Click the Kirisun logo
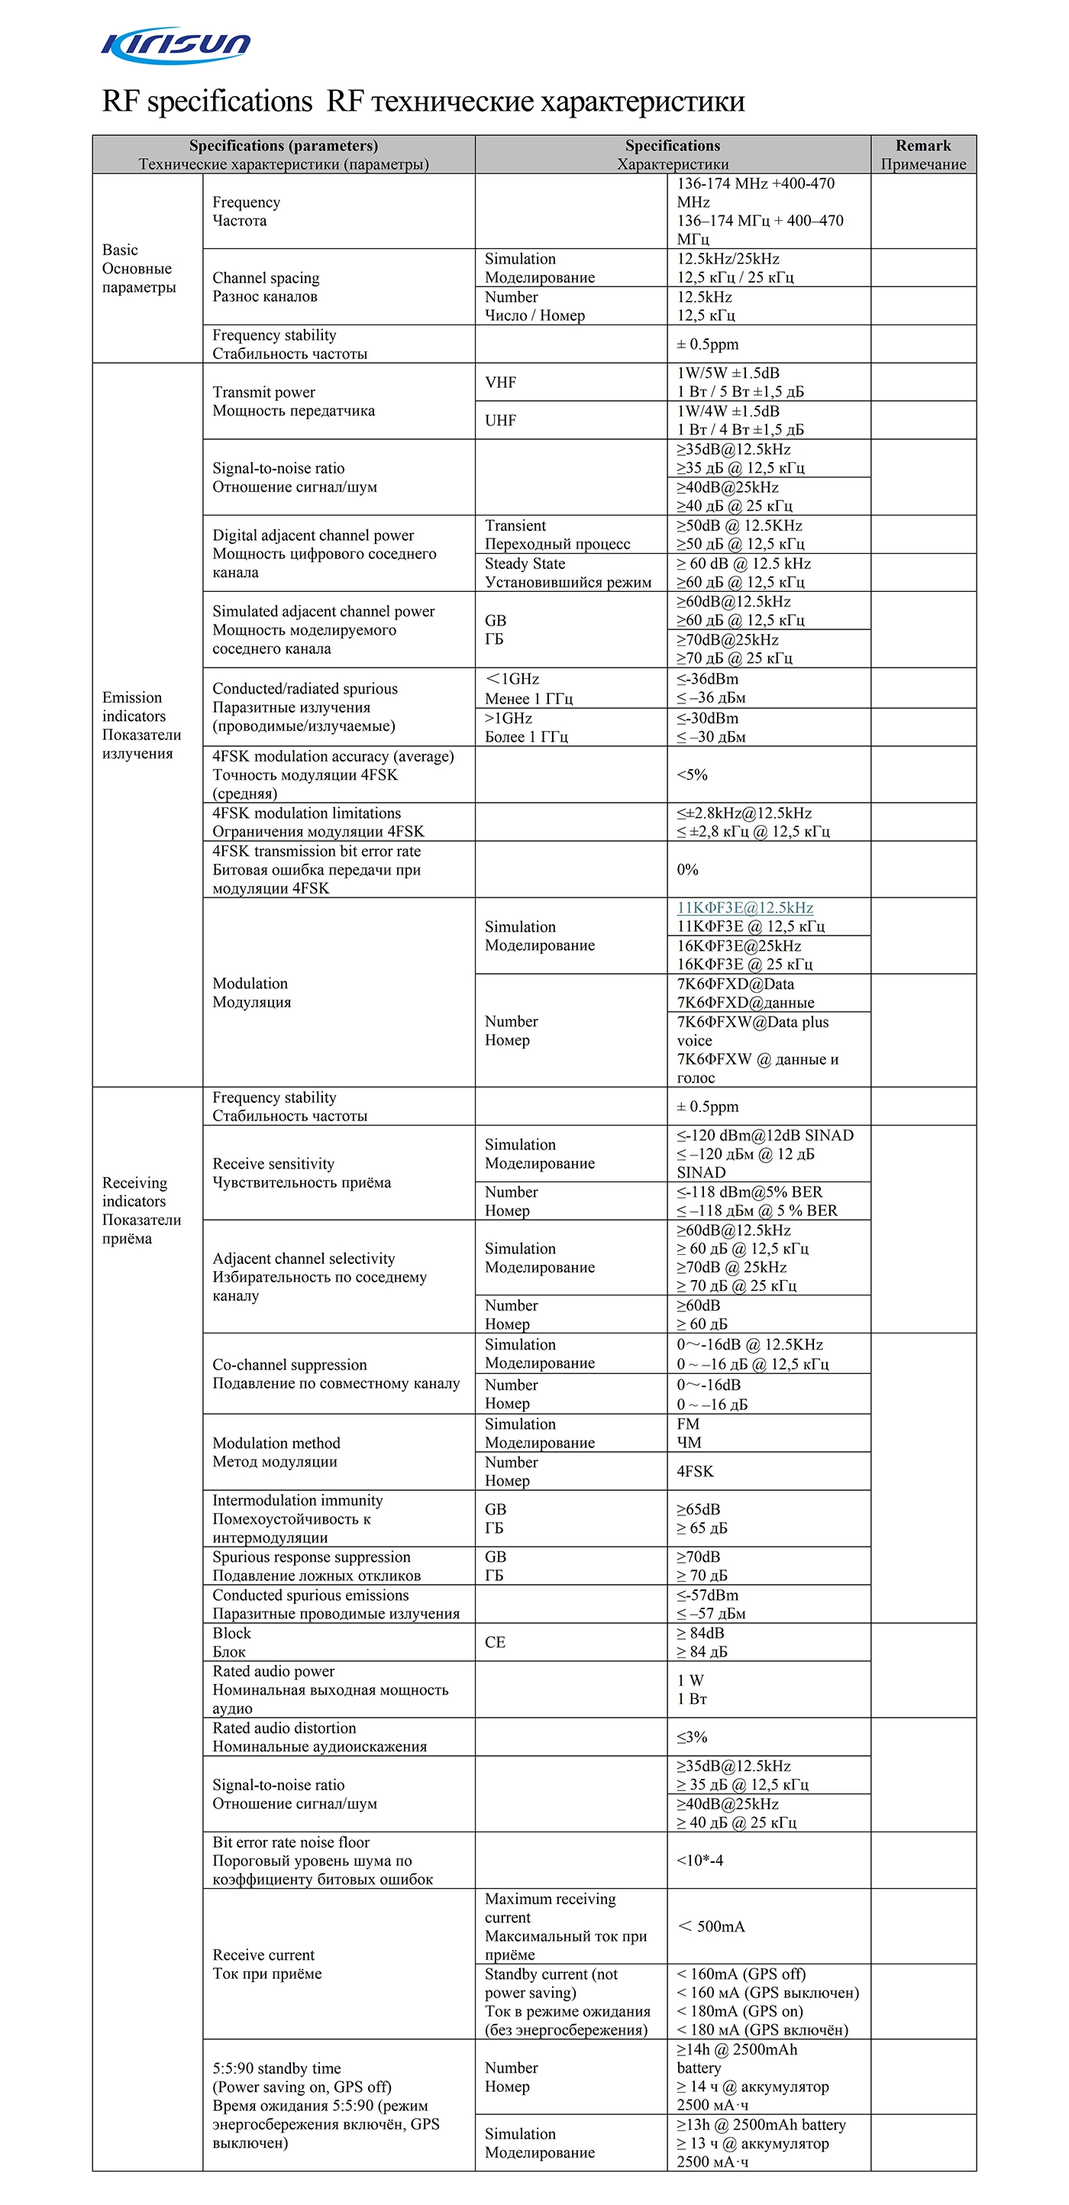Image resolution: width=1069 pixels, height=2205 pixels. coord(176,44)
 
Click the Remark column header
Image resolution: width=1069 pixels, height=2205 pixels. coord(922,154)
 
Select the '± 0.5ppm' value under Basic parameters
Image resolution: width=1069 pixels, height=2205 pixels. coord(707,344)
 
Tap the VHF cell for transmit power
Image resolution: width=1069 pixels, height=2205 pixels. coord(501,383)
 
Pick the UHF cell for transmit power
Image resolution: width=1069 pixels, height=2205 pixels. coord(501,420)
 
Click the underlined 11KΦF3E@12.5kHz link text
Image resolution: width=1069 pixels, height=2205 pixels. coord(744,908)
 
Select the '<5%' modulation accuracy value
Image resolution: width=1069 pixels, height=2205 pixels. coord(692,774)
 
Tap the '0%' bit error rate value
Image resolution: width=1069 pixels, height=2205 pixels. coord(687,870)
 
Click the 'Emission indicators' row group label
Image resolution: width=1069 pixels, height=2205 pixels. coord(141,725)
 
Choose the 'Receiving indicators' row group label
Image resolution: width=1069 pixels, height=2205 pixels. coord(141,1210)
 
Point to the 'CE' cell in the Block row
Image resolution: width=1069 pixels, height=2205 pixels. coord(495,1642)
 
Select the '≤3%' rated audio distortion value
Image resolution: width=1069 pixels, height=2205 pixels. coord(692,1737)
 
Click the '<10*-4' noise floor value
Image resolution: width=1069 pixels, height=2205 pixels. coord(699,1860)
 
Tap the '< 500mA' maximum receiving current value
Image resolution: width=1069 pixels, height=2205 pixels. coord(710,1926)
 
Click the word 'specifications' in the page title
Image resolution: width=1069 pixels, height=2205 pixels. coord(229,102)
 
